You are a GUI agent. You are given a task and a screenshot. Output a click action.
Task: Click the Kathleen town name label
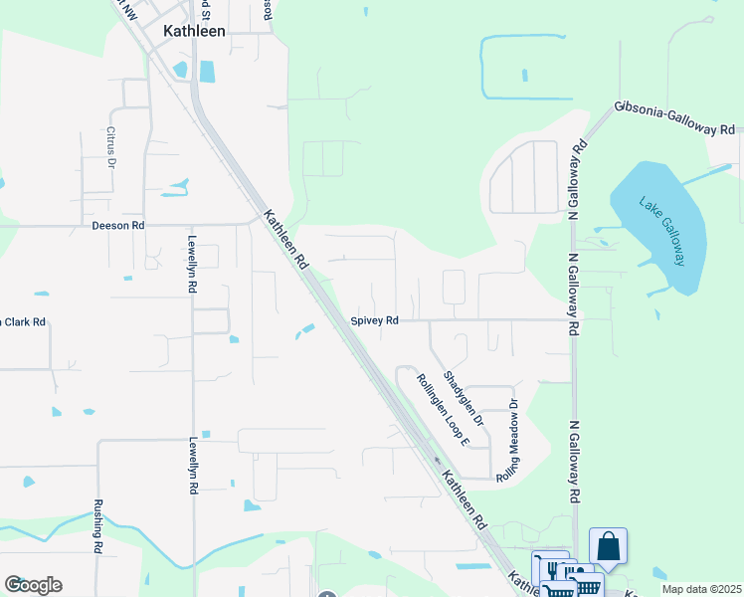195,31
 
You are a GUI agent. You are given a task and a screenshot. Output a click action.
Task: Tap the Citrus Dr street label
111,147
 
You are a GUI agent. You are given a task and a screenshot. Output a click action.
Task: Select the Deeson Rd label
118,226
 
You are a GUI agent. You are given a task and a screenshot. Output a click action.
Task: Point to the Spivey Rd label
375,320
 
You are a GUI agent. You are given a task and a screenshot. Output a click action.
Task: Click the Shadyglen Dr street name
464,399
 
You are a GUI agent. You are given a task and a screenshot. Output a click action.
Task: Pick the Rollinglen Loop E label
436,408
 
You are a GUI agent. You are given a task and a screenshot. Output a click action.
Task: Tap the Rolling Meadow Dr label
509,441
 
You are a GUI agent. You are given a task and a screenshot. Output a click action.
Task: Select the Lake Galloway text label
660,229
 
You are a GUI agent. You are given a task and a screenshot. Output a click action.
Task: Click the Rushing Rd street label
98,525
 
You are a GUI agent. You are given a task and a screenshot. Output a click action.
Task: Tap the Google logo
33,585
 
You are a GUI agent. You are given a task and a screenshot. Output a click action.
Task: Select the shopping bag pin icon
608,546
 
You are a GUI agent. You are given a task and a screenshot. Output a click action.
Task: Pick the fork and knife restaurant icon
549,568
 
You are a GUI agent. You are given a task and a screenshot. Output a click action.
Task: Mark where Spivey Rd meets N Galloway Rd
574,320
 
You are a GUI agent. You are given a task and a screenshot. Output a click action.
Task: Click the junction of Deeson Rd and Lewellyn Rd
193,226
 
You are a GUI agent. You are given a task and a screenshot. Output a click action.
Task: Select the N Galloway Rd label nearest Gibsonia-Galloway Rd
574,179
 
